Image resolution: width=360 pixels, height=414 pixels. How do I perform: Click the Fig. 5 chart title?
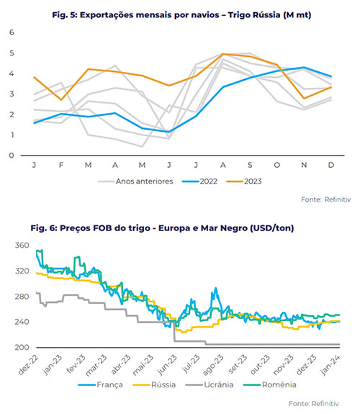click(181, 15)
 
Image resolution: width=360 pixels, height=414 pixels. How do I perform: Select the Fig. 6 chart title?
click(162, 228)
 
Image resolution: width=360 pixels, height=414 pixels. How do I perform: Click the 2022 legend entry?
click(199, 181)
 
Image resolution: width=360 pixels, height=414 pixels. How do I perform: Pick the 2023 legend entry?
click(244, 181)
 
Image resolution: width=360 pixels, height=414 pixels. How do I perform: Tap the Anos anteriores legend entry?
click(135, 181)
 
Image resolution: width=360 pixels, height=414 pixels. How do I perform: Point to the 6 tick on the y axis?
click(12, 32)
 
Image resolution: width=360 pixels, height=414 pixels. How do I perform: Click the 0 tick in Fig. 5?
click(12, 156)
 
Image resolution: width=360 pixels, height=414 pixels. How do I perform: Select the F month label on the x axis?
click(61, 165)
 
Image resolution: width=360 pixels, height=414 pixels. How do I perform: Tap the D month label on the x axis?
click(331, 165)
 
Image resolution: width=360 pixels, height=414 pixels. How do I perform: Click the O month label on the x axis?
click(276, 165)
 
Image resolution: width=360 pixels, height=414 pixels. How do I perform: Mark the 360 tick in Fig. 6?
click(22, 246)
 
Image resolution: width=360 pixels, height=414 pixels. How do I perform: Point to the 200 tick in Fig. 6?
click(22, 347)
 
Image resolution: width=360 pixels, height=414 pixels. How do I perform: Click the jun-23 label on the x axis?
click(167, 365)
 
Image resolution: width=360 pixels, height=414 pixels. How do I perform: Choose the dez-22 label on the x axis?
click(28, 365)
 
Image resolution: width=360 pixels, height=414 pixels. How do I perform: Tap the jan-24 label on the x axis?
click(330, 365)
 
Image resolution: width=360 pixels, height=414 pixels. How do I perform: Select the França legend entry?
click(101, 384)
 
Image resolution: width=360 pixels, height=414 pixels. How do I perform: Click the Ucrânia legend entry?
click(210, 384)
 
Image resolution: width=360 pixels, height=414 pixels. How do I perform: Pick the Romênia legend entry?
click(270, 384)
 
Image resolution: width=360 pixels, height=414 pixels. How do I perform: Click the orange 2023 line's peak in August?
click(223, 54)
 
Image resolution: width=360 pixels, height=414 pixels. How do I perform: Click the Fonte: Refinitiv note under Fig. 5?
click(326, 199)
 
